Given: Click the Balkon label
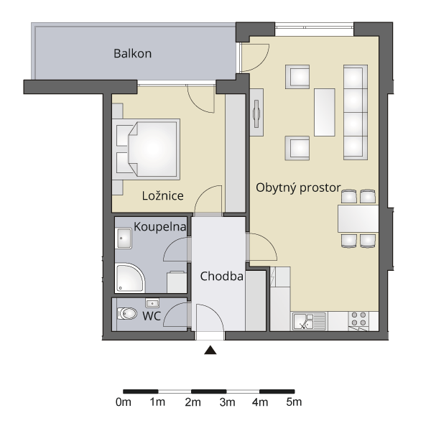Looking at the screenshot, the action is pos(132,53).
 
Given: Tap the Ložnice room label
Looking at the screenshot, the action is pos(163,195).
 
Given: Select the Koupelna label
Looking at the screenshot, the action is pos(160,227).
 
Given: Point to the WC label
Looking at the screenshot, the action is pos(152,316).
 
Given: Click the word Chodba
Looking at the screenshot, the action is pos(221,277).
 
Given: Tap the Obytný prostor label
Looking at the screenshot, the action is pos(298,187).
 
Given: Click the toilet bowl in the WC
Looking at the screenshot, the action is pos(127,314).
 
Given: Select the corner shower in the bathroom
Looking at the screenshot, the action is pos(129,277).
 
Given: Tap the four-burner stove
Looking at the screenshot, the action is pos(359,319).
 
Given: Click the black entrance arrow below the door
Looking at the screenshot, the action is pos(210,350).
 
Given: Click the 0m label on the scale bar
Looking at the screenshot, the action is pos(124,402).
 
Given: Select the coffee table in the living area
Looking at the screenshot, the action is pos(325,112).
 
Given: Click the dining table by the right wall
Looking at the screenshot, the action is pos(358,219).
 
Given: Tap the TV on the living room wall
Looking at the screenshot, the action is pos(256,113).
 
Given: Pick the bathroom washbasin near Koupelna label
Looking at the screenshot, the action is pos(123,238).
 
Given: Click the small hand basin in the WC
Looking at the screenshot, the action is pos(152,303).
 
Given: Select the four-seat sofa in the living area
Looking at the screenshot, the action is pos(356,112).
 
